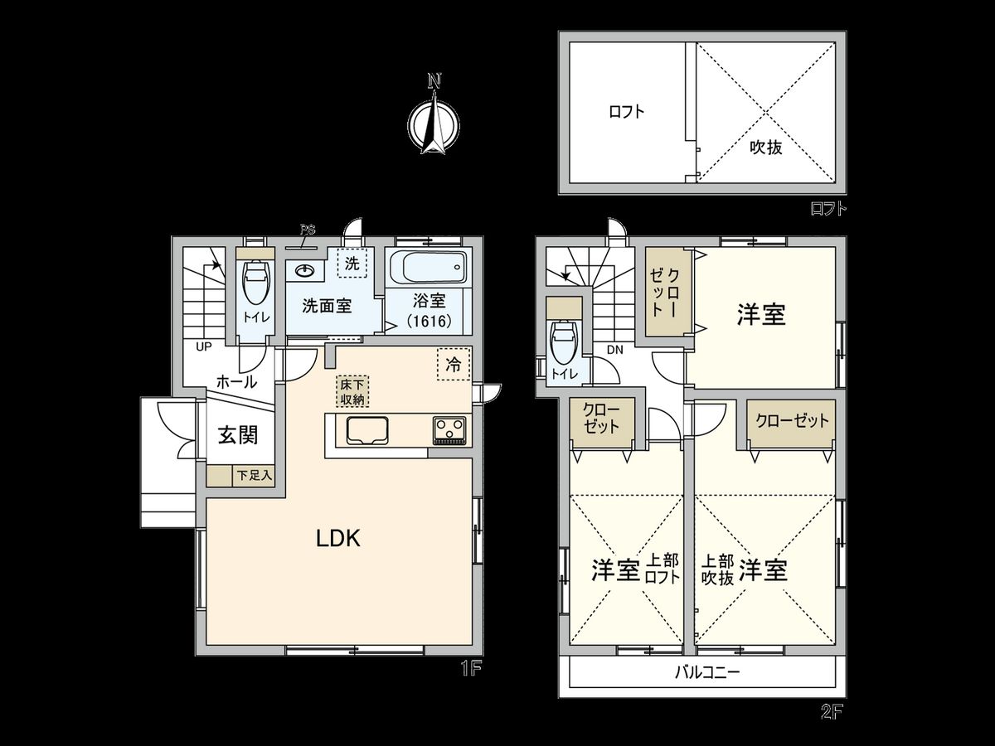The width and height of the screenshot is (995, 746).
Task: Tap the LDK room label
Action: (x=337, y=539)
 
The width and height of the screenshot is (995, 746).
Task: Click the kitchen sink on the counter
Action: (x=364, y=430)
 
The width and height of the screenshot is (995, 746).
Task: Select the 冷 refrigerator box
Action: (x=454, y=364)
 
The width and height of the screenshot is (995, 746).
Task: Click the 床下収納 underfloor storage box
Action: (x=352, y=391)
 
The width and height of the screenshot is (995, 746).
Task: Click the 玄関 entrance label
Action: (x=237, y=435)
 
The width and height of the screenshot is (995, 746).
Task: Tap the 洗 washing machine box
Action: (x=352, y=264)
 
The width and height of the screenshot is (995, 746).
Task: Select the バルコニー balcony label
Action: (x=706, y=672)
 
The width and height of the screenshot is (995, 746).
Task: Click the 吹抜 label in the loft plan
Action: (x=766, y=148)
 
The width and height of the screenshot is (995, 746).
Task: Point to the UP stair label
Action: (x=204, y=346)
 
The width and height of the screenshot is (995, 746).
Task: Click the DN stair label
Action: (x=614, y=350)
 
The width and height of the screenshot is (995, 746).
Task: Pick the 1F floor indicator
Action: (x=471, y=668)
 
